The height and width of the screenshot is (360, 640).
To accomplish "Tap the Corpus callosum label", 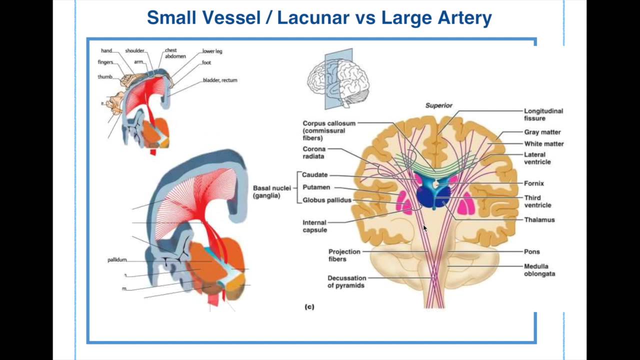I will (328, 130).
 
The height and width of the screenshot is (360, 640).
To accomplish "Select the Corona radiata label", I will (314, 152).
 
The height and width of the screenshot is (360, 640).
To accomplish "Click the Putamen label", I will (316, 187).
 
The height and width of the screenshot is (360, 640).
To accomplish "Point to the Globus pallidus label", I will (327, 200).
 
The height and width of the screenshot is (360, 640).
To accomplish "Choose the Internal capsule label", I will (314, 226).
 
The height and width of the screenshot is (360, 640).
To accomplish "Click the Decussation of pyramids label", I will (346, 281).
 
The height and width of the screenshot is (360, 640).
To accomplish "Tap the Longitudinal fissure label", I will (543, 114).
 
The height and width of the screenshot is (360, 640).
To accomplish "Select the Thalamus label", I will (539, 219).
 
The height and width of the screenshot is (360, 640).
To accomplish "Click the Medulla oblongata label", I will (539, 270).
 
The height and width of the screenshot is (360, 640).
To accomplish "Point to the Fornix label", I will (533, 183).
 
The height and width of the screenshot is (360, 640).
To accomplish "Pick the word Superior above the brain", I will (438, 105).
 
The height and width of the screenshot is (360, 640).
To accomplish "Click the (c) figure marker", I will (309, 306).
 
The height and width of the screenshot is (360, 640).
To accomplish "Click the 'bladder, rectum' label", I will (219, 80).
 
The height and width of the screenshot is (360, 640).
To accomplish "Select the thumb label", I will (105, 77).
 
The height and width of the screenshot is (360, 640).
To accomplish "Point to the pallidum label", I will (117, 260).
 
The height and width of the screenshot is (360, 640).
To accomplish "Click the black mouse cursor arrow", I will (425, 228).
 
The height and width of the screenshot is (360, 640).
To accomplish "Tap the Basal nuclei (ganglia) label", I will (271, 191).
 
